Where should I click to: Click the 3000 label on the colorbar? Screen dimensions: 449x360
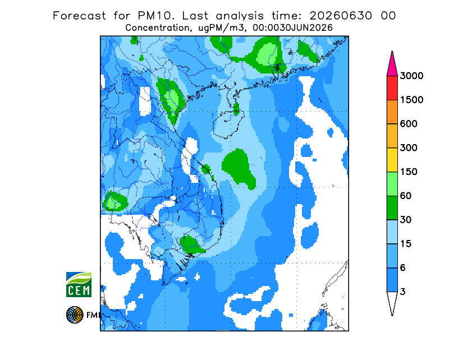point(411,76)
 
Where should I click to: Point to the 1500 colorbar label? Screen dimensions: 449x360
point(411,100)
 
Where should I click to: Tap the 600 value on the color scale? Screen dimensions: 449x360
point(409,124)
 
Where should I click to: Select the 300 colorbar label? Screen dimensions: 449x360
point(409,148)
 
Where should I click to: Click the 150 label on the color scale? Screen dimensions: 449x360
point(409,172)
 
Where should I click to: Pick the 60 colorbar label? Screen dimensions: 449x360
point(406,196)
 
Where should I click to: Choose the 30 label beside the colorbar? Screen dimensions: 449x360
point(406,220)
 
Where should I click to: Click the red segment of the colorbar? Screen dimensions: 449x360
point(392,88)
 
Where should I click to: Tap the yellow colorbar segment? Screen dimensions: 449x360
point(392,160)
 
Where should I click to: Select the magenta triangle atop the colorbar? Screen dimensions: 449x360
point(392,65)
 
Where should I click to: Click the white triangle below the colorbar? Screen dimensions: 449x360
point(392,302)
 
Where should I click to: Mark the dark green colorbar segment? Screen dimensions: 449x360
point(392,208)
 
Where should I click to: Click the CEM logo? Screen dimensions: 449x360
point(79,284)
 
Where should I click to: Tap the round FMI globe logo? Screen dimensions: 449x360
point(75,315)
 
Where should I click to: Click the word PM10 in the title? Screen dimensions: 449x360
point(155,16)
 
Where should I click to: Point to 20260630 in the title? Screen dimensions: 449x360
point(341,16)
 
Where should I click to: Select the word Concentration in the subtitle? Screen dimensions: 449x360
point(157,28)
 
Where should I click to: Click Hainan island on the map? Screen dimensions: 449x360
point(228,123)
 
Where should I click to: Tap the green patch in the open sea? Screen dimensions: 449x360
point(238,168)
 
